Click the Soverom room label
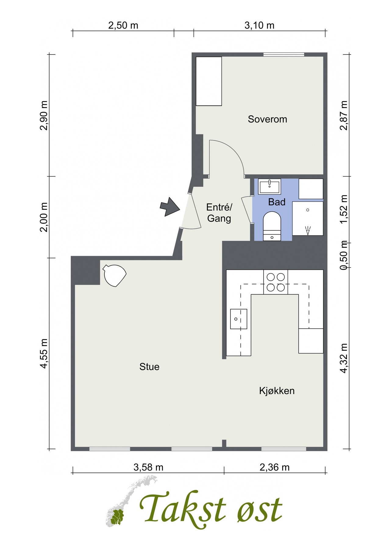[x=267, y=119]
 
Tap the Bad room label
[x=277, y=202]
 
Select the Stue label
[x=149, y=367]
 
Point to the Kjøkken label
[x=277, y=391]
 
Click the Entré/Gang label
[x=219, y=213]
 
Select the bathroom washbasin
[x=270, y=187]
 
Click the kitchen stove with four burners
[x=276, y=282]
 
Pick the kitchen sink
[x=238, y=319]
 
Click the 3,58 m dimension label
[x=148, y=467]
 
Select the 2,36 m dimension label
[x=275, y=467]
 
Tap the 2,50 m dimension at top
[x=123, y=25]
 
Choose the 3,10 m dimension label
[x=259, y=25]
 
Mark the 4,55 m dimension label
[x=44, y=353]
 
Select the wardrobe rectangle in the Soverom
[x=209, y=81]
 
